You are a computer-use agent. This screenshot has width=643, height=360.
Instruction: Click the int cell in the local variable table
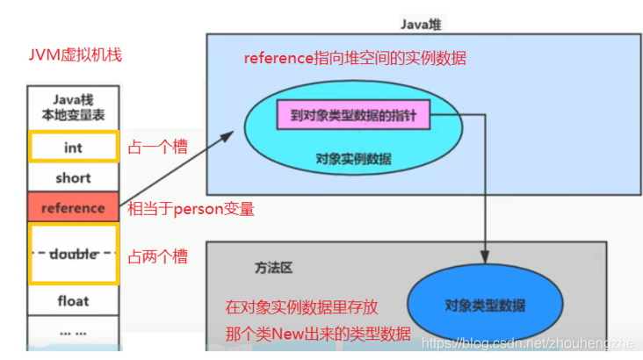point(73,148)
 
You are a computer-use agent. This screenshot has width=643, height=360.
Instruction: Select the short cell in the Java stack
point(73,177)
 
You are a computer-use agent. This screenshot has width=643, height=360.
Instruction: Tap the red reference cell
point(73,208)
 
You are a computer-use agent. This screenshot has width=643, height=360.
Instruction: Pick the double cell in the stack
point(73,254)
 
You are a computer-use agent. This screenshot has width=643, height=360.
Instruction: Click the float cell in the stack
point(73,300)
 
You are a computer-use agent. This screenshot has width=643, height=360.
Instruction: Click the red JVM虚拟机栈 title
point(75,55)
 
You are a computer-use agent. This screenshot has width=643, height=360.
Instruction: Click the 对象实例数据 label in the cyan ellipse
point(353,159)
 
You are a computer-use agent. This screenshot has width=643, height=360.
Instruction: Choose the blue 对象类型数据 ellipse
point(485,305)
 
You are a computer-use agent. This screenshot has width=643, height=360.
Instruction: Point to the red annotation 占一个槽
point(158,147)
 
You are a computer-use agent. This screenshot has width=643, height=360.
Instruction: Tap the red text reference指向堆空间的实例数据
point(355,58)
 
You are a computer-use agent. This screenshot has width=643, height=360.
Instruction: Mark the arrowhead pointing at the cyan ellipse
point(230,134)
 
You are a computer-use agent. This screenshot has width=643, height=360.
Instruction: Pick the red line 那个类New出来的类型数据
point(318,333)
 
